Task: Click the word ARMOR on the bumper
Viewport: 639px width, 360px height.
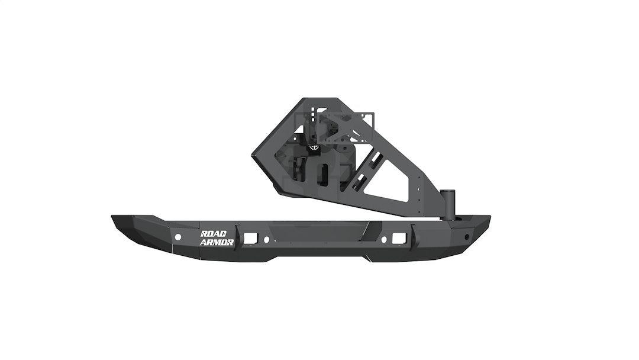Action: tap(218, 242)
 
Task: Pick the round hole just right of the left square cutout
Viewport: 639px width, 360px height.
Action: tap(266, 239)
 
